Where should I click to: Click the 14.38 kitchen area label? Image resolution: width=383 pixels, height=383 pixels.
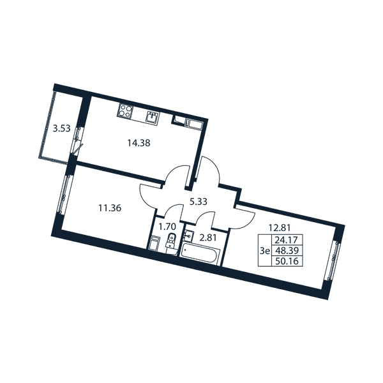pos(139,143)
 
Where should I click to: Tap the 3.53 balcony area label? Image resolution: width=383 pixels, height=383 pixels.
pos(62,128)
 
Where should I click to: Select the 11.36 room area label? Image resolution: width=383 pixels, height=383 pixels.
pos(110,208)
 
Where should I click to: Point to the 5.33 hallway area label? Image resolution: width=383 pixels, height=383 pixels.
pos(199,202)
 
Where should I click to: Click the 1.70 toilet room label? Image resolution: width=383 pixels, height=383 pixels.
pos(167,227)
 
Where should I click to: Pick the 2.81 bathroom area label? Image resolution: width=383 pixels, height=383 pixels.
pos(208,237)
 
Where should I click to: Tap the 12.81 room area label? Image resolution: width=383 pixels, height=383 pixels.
pos(280,228)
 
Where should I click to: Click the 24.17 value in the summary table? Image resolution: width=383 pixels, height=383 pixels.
pos(287,240)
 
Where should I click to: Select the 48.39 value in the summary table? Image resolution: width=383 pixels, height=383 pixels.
pos(287,251)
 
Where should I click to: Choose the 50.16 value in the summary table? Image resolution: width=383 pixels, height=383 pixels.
pos(287,261)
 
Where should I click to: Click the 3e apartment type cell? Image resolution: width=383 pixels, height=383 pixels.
pos(264,251)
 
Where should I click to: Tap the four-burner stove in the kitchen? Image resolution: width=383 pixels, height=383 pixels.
pos(126,110)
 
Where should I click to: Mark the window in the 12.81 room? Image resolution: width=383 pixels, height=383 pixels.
pos(333,260)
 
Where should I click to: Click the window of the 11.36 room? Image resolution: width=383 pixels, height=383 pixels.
pos(63,194)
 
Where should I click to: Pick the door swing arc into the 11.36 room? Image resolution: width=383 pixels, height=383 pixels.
pos(148,198)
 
